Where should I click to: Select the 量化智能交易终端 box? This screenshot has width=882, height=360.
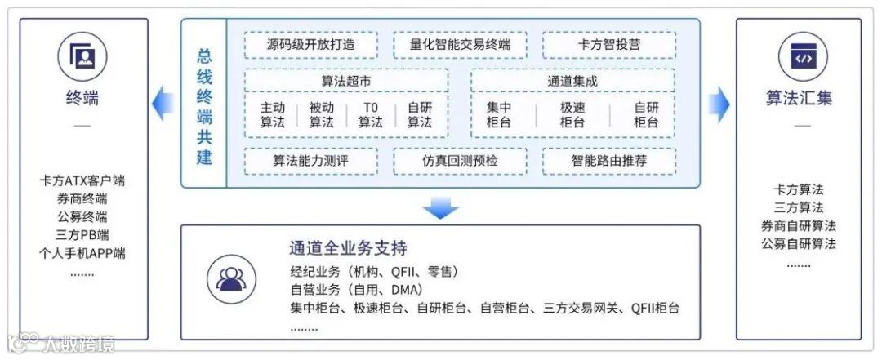pos(460,45)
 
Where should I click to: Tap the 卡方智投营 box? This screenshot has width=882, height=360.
pos(609,45)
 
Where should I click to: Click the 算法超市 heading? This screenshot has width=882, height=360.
pos(346,82)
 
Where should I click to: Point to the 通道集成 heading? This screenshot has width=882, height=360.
pos(572,82)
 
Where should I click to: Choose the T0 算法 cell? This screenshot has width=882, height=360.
pos(371,115)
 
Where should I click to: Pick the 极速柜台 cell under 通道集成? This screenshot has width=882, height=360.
pos(572,115)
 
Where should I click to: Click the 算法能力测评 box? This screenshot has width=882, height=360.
pos(311,161)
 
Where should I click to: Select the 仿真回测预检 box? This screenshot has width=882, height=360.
pos(460,161)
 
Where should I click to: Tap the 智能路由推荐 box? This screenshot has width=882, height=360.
pos(609,161)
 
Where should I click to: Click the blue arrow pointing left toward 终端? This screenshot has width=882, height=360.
pos(163,103)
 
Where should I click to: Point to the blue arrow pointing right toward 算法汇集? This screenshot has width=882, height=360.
pos(718,103)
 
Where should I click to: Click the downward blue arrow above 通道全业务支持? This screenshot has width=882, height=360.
pos(441,209)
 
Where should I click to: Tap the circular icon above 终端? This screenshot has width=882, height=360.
pos(82,56)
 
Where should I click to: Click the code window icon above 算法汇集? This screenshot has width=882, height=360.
pos(799,56)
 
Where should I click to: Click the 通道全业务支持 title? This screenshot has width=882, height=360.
pos(348,248)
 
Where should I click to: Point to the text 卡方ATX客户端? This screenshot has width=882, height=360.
pos(82,180)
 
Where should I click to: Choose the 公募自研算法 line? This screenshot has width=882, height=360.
pos(799,243)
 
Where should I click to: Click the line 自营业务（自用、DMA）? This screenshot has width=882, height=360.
pos(353,290)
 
